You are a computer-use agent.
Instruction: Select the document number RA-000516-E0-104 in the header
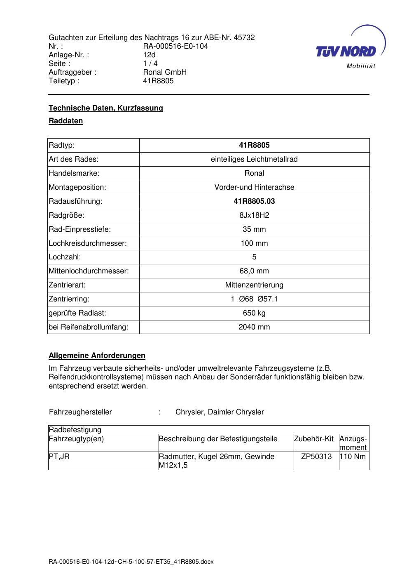(175, 46)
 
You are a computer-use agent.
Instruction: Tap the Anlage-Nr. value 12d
(149, 55)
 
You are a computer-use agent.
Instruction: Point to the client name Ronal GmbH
(165, 72)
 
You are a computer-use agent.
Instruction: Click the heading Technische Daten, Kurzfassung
(106, 108)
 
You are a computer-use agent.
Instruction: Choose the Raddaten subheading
(66, 121)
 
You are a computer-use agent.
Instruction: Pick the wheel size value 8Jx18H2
(254, 215)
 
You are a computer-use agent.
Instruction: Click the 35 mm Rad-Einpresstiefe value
(254, 229)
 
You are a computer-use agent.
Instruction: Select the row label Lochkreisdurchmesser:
(88, 243)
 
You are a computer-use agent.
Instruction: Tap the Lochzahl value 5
(254, 257)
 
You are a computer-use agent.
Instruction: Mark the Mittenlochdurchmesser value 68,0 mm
(254, 271)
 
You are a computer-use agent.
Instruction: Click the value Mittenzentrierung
(254, 285)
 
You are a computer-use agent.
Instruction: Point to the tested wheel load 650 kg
(254, 313)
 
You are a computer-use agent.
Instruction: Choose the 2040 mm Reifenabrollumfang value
(254, 327)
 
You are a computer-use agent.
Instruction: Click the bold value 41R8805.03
(254, 201)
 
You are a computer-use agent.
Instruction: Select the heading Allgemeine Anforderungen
(97, 355)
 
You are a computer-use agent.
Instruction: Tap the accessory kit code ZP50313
(316, 457)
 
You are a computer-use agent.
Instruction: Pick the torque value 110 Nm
(353, 457)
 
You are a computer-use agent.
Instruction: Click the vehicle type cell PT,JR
(59, 457)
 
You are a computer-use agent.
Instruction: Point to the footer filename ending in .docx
(131, 562)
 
